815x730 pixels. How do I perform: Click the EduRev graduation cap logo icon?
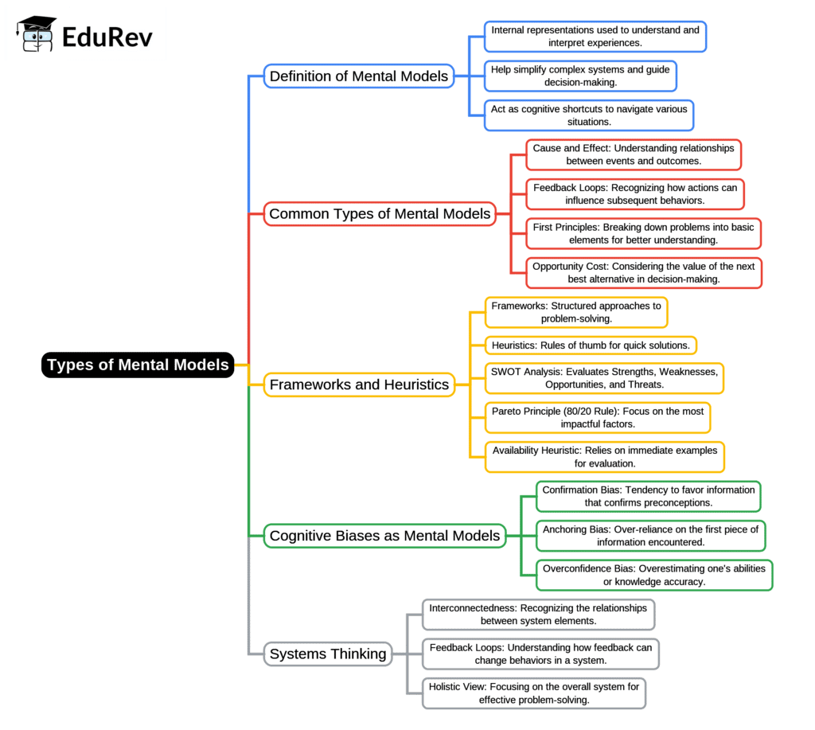tap(37, 33)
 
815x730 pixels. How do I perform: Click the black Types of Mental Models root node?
tap(138, 365)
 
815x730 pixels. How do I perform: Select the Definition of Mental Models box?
tap(359, 76)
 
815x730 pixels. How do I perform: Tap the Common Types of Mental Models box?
tap(380, 213)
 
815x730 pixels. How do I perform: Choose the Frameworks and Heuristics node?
tap(359, 385)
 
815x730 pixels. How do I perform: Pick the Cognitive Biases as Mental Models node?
tap(384, 536)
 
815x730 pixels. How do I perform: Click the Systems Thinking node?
tap(328, 654)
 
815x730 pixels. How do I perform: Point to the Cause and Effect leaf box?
tap(634, 154)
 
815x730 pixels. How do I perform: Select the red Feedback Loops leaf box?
tap(635, 194)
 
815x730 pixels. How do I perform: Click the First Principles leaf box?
tap(643, 233)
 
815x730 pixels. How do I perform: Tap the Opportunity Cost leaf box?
tap(644, 273)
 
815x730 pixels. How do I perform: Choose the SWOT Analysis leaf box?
tap(604, 378)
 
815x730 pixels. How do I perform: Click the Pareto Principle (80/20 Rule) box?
tap(598, 418)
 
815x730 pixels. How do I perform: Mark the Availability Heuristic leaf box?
tap(604, 457)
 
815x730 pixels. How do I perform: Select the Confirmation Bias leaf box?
tap(648, 496)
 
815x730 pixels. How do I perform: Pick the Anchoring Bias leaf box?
tap(650, 536)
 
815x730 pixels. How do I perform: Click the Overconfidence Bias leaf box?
tap(653, 575)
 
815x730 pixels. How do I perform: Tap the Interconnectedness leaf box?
tap(538, 615)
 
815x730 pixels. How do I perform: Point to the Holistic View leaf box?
tap(533, 693)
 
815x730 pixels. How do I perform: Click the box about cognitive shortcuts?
tap(589, 115)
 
